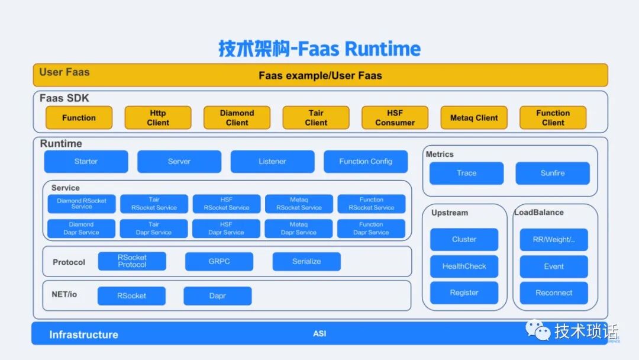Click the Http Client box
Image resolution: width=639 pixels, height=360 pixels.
[158, 118]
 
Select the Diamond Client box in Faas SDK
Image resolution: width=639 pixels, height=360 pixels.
[237, 118]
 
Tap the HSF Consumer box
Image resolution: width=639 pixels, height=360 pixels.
[395, 118]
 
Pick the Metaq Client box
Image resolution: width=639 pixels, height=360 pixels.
[474, 118]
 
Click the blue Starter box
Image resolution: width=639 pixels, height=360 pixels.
[86, 162]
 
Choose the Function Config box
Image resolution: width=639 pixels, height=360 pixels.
[366, 162]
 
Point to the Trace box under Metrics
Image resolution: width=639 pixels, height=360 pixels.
[466, 173]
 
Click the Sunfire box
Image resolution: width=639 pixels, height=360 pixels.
[553, 173]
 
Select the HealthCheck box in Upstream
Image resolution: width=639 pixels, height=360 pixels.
[464, 266]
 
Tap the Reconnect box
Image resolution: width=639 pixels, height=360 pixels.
[554, 293]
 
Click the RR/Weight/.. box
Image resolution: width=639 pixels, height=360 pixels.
[554, 240]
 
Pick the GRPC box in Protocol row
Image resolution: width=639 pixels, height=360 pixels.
[219, 262]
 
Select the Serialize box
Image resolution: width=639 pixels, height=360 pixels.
[306, 262]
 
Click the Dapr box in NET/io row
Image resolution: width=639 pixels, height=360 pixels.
[218, 296]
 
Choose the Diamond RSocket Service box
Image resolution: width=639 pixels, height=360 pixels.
[82, 204]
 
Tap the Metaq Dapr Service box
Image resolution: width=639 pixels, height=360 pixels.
[299, 229]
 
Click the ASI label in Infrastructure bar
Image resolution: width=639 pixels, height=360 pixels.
[319, 334]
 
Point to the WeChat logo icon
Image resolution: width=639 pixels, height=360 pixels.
[538, 330]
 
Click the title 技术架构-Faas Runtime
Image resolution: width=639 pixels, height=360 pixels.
[319, 49]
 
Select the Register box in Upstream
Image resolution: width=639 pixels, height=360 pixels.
[464, 293]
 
